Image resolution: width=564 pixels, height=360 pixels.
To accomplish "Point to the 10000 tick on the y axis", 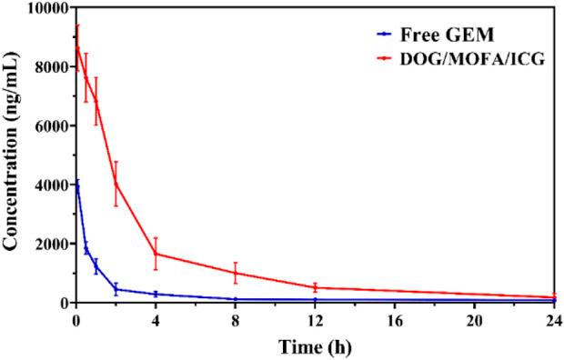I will point(43,9).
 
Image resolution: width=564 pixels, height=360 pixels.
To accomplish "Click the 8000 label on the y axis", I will point(46,67).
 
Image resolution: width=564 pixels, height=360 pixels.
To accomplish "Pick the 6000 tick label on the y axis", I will point(46,126).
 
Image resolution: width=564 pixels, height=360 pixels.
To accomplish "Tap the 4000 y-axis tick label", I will point(46,185).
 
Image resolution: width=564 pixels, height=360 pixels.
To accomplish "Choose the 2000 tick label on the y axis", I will point(46,245).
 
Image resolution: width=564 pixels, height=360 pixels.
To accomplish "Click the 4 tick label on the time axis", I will point(156,319).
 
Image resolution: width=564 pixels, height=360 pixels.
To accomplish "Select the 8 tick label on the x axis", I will point(236,319).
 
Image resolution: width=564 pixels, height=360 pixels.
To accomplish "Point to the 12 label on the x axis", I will point(316,319).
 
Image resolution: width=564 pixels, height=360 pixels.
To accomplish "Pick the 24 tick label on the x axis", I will point(553,319).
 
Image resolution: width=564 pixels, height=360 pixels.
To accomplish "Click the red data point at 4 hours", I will point(156,254).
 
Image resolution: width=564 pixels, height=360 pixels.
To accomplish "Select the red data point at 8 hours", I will point(236,273).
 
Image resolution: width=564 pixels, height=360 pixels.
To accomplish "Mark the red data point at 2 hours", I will point(116,183).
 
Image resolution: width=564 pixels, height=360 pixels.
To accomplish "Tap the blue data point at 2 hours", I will point(116,289).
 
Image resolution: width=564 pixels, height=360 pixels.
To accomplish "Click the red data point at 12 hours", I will point(316,287).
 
